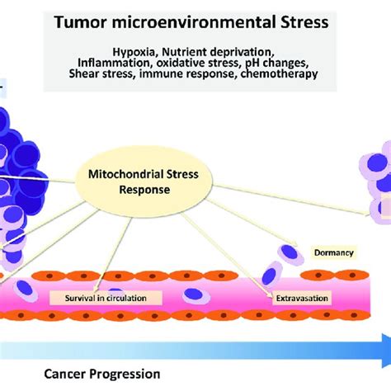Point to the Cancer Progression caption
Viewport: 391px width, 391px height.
tap(102, 374)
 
